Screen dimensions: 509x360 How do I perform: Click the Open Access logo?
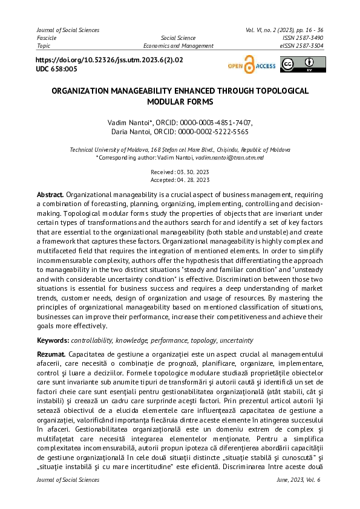click(x=251, y=65)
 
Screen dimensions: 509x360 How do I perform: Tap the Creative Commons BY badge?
click(x=303, y=65)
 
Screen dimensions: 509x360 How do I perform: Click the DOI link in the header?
click(x=110, y=60)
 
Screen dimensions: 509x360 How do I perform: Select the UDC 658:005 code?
click(x=57, y=70)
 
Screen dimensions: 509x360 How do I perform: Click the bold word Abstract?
click(x=50, y=195)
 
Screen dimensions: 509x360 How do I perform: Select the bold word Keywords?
click(x=53, y=340)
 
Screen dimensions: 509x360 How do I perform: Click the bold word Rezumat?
click(x=51, y=353)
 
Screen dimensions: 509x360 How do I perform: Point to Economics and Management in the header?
click(x=178, y=45)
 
